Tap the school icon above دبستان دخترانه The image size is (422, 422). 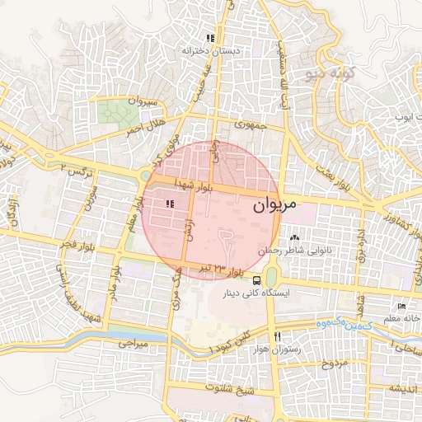click(x=211, y=38)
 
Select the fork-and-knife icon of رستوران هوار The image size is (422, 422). click(x=278, y=336)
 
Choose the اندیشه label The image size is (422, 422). click(x=406, y=388)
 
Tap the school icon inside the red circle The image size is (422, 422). click(x=171, y=204)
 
